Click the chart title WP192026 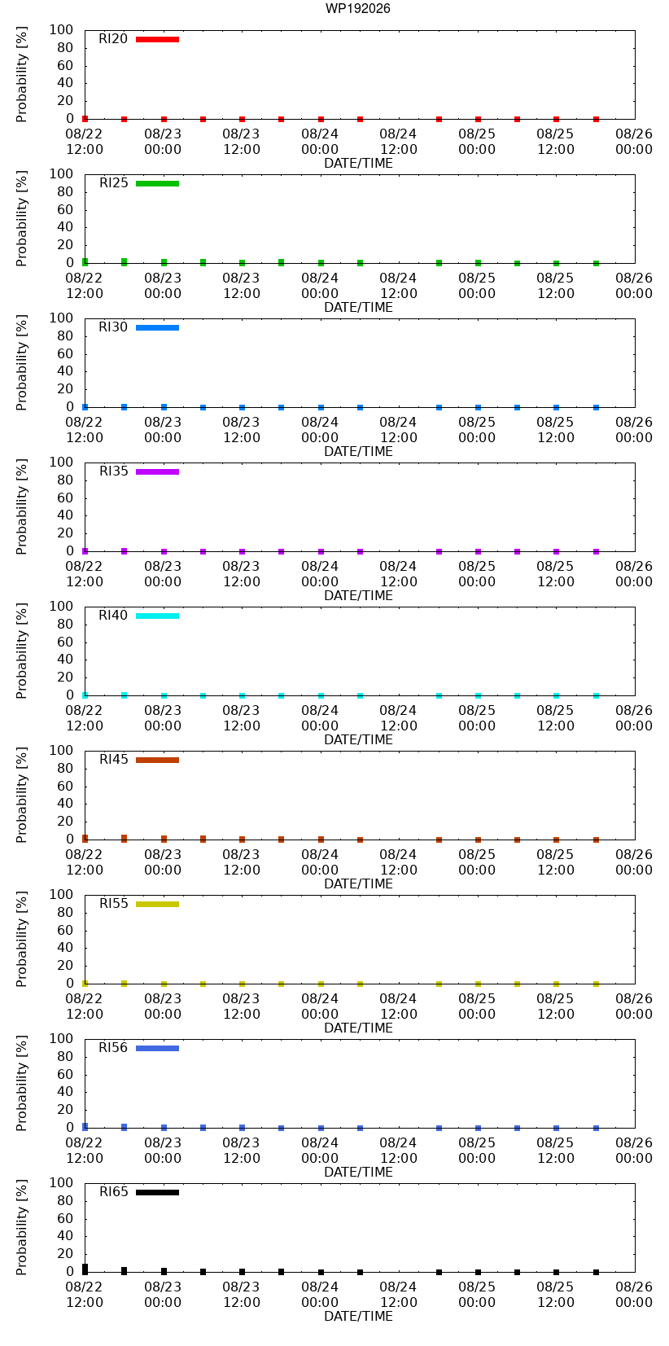[x=358, y=8]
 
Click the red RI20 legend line [x=157, y=40]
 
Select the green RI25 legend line [x=157, y=184]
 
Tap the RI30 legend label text [x=113, y=327]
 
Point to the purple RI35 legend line [x=157, y=471]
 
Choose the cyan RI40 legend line [x=157, y=616]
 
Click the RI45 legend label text [x=113, y=760]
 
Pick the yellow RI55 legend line [x=157, y=905]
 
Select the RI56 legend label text [x=113, y=1048]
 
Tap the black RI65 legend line [x=157, y=1193]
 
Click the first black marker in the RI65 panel [x=85, y=1269]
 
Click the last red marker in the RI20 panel [x=597, y=119]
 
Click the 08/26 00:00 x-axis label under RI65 [x=633, y=1295]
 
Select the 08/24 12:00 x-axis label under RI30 [x=398, y=430]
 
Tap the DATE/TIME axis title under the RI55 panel [x=359, y=1028]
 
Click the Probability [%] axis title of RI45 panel [x=22, y=795]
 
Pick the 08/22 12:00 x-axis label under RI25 [x=84, y=286]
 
